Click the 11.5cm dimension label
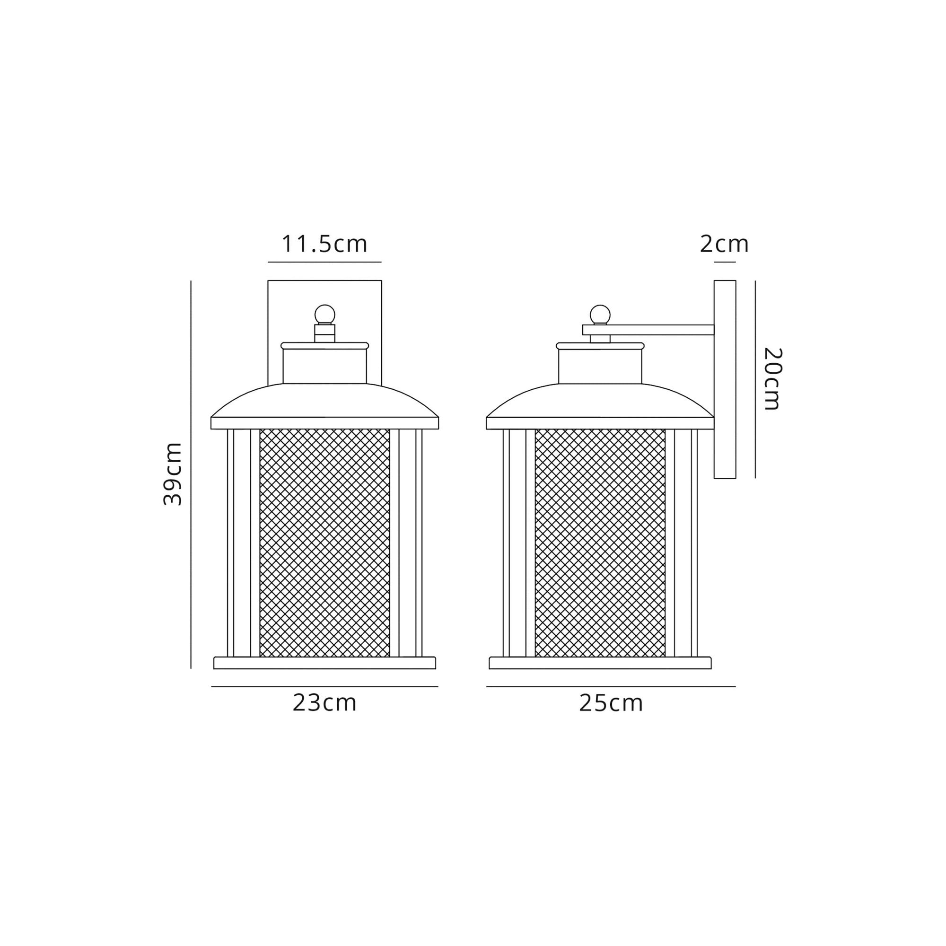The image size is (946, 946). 324,244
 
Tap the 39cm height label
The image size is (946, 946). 172,473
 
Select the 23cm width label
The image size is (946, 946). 324,703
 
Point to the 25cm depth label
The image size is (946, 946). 611,703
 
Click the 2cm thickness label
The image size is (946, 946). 724,244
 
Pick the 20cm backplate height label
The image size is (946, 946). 773,378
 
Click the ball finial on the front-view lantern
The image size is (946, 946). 324,314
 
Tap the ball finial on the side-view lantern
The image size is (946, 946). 600,314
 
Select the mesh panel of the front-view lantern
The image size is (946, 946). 324,543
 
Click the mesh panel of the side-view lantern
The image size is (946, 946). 600,543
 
